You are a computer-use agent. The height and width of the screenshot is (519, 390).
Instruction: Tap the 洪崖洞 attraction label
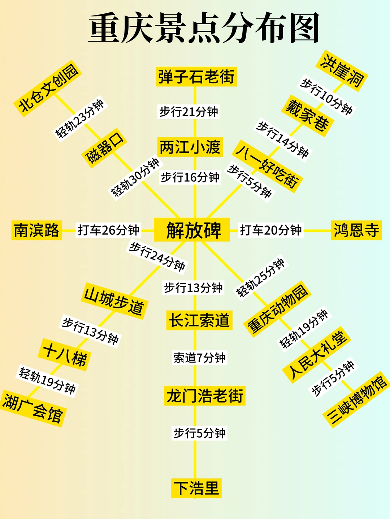tap(343, 71)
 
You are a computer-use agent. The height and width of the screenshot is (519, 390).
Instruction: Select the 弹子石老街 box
tap(196, 77)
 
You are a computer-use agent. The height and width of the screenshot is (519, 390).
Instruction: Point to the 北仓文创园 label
tap(48, 88)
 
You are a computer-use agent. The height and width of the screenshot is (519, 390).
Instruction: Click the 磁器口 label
tap(104, 147)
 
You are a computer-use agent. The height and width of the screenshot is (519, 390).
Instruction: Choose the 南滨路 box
tap(36, 230)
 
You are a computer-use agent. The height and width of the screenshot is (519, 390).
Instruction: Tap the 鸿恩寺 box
tap(356, 230)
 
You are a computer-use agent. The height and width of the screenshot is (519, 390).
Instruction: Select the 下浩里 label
tap(196, 488)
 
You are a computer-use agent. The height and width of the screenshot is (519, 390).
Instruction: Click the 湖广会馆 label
tap(32, 408)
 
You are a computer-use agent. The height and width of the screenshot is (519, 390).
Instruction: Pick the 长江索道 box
tap(199, 320)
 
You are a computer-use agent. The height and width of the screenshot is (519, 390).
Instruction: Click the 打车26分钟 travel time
tap(108, 230)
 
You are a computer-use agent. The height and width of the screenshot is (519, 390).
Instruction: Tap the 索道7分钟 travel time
tap(199, 358)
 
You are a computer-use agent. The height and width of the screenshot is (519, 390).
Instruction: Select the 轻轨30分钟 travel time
tap(135, 177)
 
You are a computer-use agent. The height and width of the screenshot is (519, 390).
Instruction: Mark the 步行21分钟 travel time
tap(188, 112)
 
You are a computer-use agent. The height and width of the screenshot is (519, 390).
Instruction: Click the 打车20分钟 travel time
tap(271, 230)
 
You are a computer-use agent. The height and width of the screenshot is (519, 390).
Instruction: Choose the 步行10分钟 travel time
tap(326, 97)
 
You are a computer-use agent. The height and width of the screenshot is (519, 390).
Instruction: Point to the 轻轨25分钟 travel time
tap(260, 277)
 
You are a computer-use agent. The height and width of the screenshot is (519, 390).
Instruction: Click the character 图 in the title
tap(304, 28)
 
